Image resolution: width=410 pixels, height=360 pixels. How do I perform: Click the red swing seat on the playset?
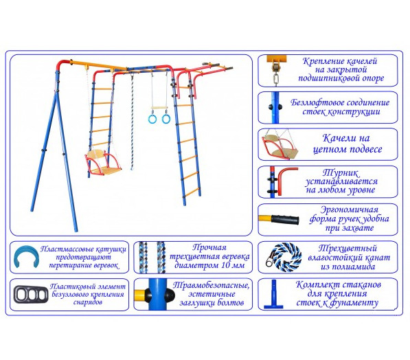[x=103, y=164]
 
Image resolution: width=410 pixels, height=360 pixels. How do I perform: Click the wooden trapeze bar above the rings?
[x=159, y=108]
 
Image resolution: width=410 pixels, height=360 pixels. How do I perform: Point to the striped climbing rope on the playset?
[x=132, y=122]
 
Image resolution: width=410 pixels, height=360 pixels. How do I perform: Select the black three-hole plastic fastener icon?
[x=31, y=294]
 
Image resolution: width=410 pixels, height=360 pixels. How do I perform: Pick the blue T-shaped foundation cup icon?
[x=273, y=295]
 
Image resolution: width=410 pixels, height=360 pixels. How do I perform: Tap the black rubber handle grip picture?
[x=285, y=219]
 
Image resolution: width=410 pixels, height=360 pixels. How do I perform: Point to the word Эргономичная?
[x=350, y=210]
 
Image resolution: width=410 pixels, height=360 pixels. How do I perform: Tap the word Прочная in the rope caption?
[x=209, y=247]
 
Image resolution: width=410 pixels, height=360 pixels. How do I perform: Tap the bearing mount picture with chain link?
[x=276, y=70]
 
